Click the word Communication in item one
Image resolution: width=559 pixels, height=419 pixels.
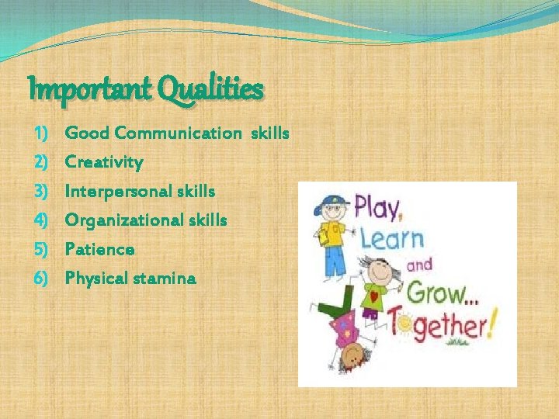pos(178,133)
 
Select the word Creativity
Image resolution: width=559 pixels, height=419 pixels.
pos(104,163)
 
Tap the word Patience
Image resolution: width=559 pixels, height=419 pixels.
pos(99,249)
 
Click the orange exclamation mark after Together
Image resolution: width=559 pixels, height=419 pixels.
pos(491,327)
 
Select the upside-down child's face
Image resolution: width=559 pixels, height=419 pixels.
pos(353,356)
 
